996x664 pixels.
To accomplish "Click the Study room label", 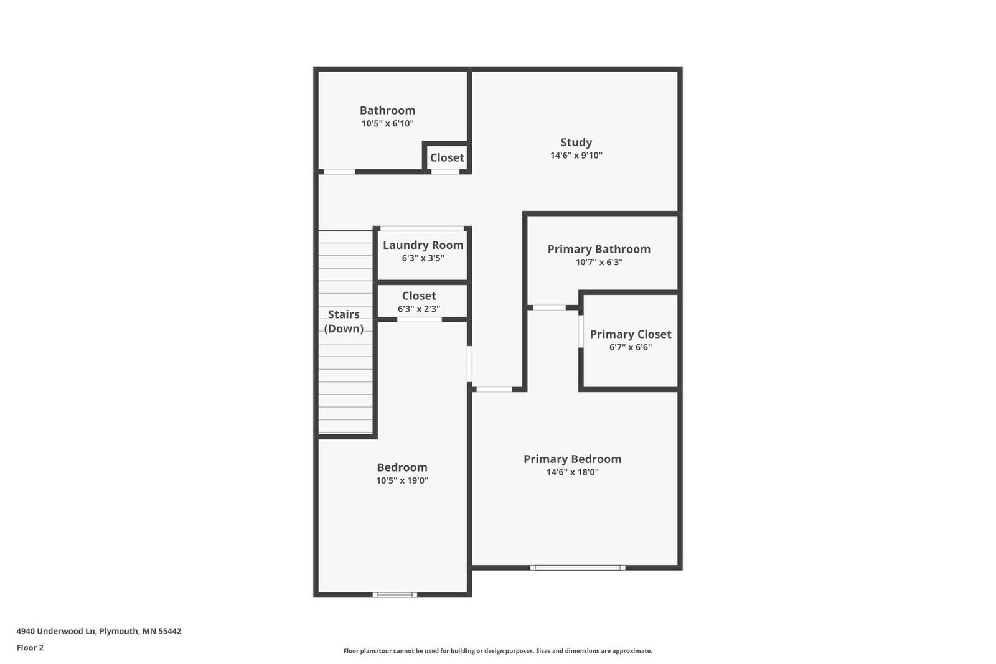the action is (x=576, y=143).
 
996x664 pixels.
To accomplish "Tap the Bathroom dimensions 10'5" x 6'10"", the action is (x=387, y=124).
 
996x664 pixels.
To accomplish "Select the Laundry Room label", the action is (x=423, y=245).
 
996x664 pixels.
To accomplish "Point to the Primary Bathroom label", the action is (x=599, y=250).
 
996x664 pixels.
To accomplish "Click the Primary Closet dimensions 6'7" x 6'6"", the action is (x=631, y=347).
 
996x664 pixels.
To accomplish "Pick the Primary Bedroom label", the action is (x=572, y=459).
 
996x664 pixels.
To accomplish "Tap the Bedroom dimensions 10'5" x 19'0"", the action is (x=402, y=480).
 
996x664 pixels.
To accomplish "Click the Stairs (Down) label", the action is (x=344, y=321).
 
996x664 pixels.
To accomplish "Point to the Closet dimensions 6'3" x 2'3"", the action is (x=419, y=309).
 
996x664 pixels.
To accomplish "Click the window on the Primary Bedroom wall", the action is (x=578, y=568).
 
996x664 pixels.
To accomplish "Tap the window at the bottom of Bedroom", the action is (x=395, y=595).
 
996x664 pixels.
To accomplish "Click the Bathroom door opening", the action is (x=339, y=172).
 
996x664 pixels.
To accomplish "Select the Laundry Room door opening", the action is (x=422, y=228).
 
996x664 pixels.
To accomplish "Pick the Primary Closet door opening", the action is (x=581, y=331).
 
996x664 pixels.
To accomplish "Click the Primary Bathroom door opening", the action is (x=549, y=307).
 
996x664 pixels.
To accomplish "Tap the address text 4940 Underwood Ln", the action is (x=57, y=631).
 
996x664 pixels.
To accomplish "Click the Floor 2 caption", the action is (x=31, y=648).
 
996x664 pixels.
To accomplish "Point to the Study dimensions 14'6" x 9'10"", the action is (x=576, y=156).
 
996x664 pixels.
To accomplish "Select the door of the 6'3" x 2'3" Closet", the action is (x=420, y=319).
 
